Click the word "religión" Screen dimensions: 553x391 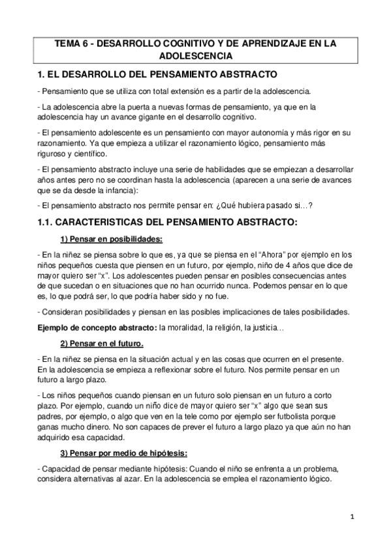point(238,327)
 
